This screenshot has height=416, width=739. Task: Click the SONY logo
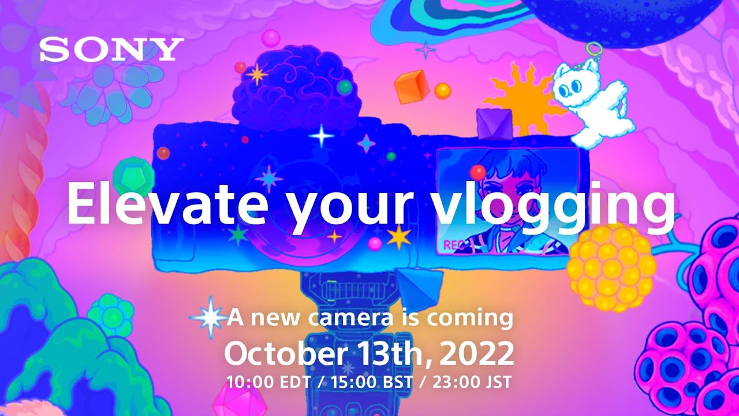click(x=111, y=50)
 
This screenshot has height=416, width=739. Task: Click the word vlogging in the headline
click(x=554, y=207)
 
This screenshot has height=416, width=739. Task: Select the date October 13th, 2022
click(x=369, y=353)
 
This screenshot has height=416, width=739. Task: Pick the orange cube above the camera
click(x=410, y=86)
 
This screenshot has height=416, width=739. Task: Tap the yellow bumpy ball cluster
click(x=611, y=266)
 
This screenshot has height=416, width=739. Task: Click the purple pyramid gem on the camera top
click(x=493, y=124)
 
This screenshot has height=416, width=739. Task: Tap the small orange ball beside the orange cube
click(x=443, y=90)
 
